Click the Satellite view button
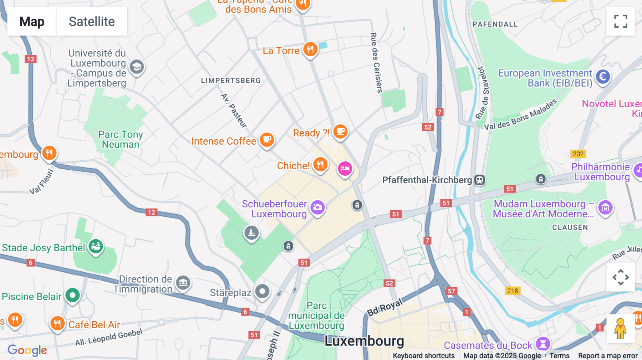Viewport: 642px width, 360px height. click(x=92, y=22)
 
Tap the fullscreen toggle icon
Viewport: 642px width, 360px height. click(x=621, y=21)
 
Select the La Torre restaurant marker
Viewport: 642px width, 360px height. click(x=310, y=49)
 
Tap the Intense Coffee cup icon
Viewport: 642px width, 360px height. click(x=266, y=140)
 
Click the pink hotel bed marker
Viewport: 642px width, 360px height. click(x=345, y=169)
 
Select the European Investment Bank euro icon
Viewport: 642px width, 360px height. click(x=603, y=77)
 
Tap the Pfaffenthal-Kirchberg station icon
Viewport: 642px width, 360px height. click(x=479, y=180)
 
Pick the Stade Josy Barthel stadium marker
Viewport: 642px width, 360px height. click(x=96, y=246)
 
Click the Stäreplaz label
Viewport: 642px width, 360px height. click(x=230, y=293)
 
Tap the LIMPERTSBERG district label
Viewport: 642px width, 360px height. click(x=231, y=81)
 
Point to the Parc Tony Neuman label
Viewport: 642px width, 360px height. click(x=121, y=139)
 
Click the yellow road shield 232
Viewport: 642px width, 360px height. click(x=578, y=154)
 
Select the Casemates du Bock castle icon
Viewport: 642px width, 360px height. click(x=543, y=344)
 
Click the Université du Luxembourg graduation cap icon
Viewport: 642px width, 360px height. click(x=137, y=67)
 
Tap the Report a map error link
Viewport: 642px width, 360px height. click(x=607, y=356)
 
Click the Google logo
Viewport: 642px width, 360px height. click(x=27, y=350)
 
